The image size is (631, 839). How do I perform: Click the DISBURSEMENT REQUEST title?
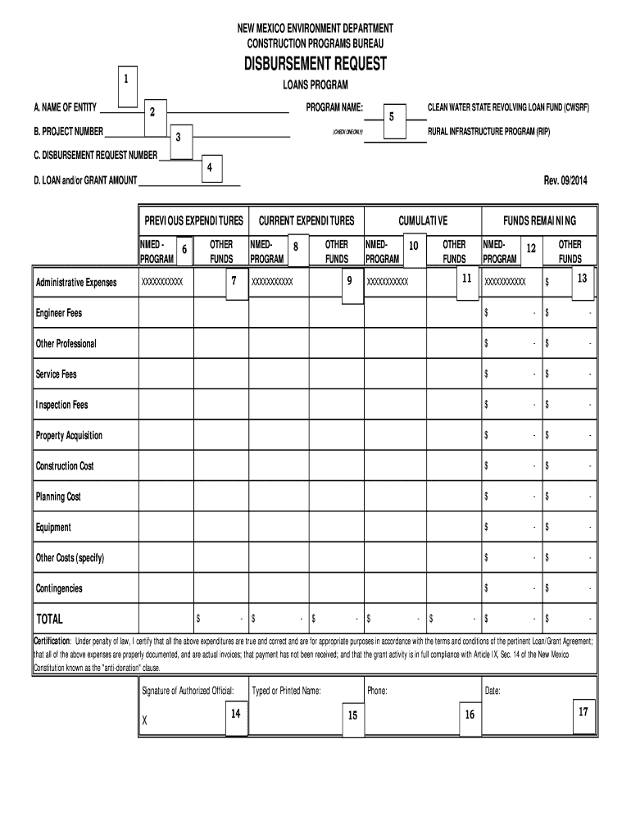(315, 64)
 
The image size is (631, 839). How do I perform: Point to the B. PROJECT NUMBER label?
(68, 131)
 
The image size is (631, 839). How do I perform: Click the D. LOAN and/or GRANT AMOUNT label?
(85, 180)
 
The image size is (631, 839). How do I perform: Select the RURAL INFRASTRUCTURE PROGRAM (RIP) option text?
(488, 131)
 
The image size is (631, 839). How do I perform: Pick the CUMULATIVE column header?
(423, 221)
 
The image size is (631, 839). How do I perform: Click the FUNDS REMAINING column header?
(539, 221)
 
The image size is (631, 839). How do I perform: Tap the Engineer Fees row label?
(58, 313)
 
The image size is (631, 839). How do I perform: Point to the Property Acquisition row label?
(69, 436)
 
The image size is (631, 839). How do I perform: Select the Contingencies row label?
(59, 589)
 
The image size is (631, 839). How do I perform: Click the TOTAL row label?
(48, 619)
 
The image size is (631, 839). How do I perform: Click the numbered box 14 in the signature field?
(234, 714)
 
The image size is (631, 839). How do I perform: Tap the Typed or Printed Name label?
(286, 691)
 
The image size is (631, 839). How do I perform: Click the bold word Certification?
(52, 640)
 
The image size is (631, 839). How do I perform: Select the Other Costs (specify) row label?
(70, 558)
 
